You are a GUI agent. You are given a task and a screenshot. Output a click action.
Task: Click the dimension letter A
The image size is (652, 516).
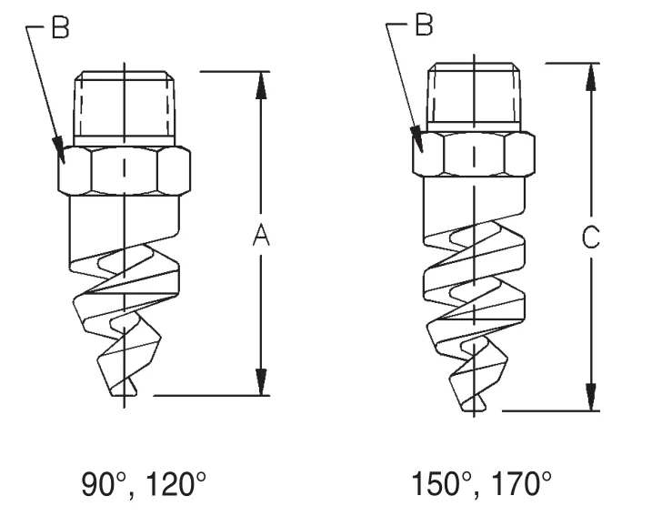tap(261, 236)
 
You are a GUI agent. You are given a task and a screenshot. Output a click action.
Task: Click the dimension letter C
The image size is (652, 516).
tap(590, 238)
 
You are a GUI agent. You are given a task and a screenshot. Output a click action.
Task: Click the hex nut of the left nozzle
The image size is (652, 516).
tap(124, 168)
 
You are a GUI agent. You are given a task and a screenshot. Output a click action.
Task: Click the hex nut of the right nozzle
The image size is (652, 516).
tap(473, 154)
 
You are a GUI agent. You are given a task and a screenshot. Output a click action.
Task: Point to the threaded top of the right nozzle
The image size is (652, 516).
tap(474, 94)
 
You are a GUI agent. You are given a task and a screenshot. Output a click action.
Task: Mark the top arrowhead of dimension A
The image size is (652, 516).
tap(261, 85)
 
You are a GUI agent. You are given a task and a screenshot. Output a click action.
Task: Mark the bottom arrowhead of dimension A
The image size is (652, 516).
tap(261, 382)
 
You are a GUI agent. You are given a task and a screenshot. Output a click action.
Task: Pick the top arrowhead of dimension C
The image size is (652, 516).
tap(591, 77)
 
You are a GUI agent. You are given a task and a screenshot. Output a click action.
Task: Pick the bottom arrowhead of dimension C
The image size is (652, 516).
tap(591, 397)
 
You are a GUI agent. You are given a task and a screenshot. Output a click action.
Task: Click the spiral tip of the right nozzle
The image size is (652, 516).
tap(473, 400)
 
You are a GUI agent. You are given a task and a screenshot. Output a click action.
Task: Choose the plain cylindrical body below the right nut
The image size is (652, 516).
tap(473, 200)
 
